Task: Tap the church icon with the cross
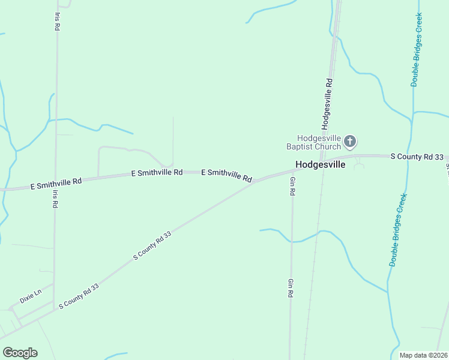click(x=350, y=142)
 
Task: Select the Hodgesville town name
click(x=320, y=164)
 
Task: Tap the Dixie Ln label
click(x=30, y=296)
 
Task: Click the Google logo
click(x=20, y=353)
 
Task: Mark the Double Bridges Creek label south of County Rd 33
click(x=399, y=230)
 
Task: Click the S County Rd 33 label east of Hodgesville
click(x=417, y=157)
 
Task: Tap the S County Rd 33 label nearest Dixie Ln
click(x=79, y=297)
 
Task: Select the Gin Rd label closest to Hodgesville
click(x=292, y=187)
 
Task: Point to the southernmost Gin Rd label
click(x=291, y=289)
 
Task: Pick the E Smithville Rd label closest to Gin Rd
click(x=226, y=175)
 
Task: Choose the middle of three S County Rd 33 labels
click(x=152, y=246)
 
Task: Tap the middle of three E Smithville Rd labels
click(x=157, y=173)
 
